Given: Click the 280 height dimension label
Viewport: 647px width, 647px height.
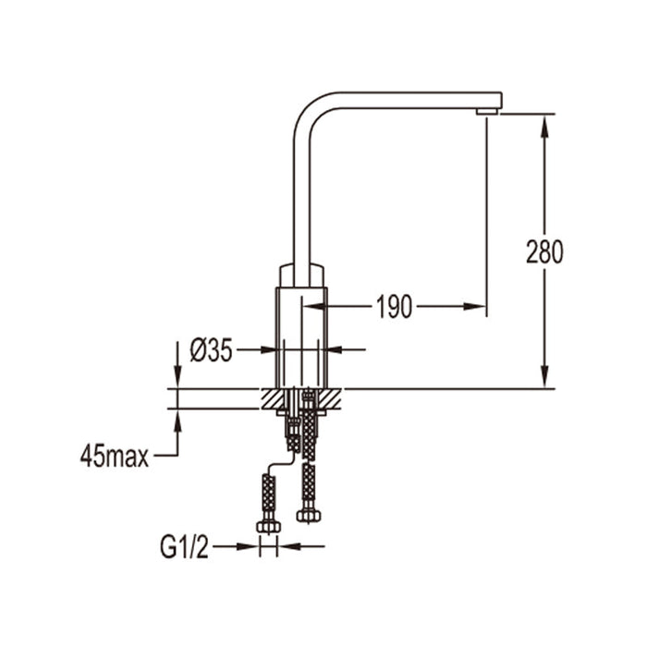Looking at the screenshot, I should (x=544, y=251).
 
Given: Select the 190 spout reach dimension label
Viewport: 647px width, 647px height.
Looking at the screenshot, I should (x=395, y=307).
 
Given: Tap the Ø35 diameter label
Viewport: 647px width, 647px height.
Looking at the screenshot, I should (x=211, y=350).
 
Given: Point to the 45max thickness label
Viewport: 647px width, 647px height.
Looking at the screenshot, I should (x=115, y=456).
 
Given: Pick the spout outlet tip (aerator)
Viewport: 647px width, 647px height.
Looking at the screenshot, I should (x=488, y=111).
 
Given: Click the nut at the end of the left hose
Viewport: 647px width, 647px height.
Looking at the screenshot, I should (x=269, y=526).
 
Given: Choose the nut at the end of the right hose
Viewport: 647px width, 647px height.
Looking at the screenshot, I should (x=307, y=515).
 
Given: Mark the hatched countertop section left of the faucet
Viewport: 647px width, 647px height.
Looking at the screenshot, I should (x=273, y=398).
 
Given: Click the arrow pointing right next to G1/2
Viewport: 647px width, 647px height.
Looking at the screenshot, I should (x=250, y=546).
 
